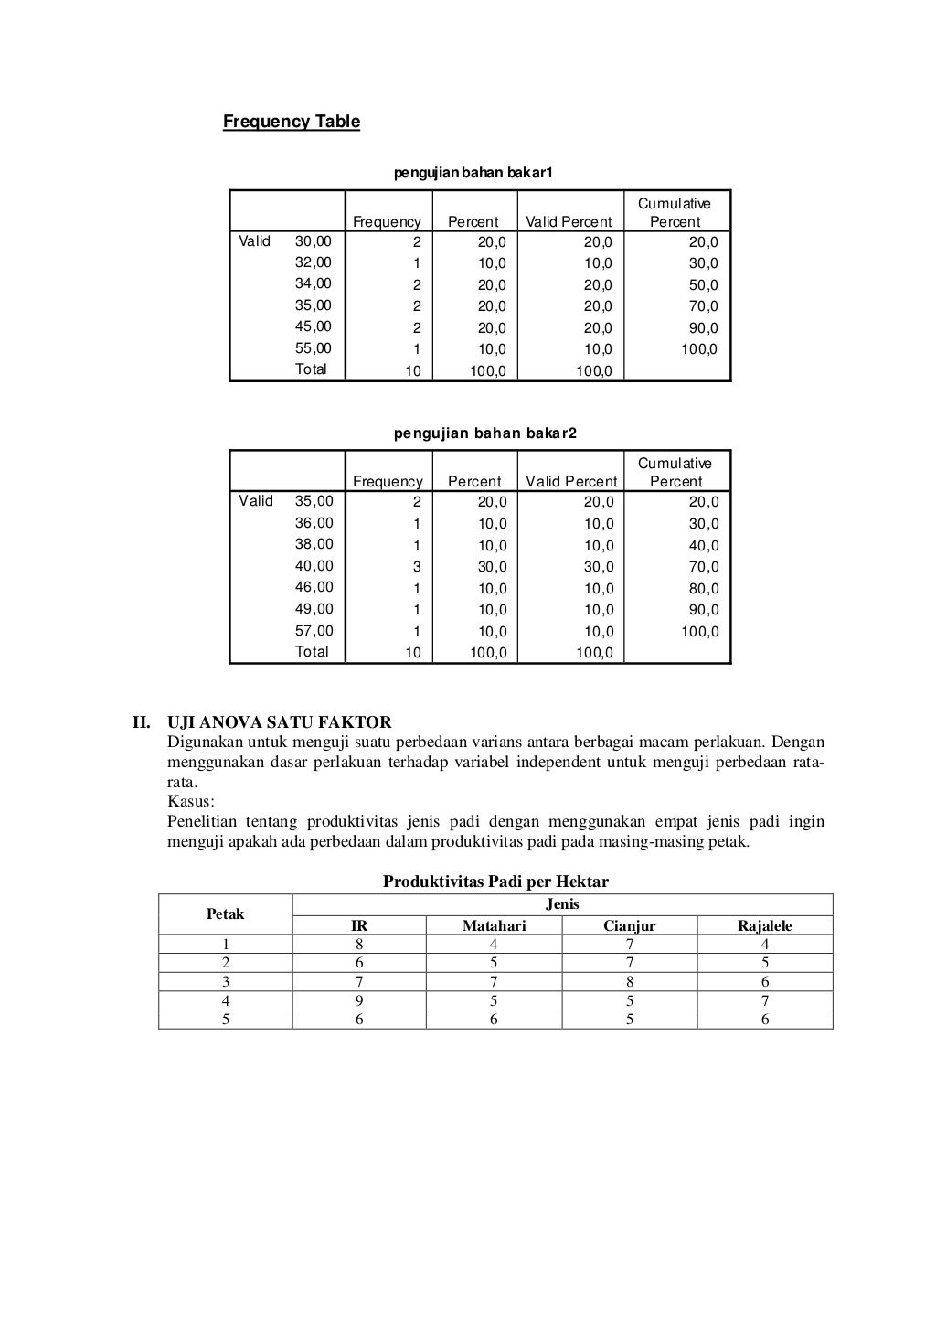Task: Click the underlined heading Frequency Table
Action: click(292, 122)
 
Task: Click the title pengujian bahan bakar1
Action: click(473, 173)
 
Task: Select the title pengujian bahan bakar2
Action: click(485, 433)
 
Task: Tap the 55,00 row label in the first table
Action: click(314, 348)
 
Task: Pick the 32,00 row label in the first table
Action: click(314, 262)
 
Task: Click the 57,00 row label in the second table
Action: click(314, 631)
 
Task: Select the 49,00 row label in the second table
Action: click(314, 609)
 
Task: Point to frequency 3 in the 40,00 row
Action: click(417, 567)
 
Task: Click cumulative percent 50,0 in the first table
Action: click(703, 285)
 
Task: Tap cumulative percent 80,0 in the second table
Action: click(704, 589)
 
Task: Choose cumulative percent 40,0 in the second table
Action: click(704, 546)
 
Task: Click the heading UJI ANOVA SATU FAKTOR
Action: click(280, 722)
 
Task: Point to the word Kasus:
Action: click(191, 802)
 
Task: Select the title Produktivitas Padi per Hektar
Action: click(495, 882)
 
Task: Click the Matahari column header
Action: click(494, 925)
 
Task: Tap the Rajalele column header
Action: click(765, 925)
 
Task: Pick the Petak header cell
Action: click(225, 914)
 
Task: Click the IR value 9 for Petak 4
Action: click(359, 1001)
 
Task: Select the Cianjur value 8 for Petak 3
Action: click(630, 982)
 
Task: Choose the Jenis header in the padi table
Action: click(562, 904)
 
